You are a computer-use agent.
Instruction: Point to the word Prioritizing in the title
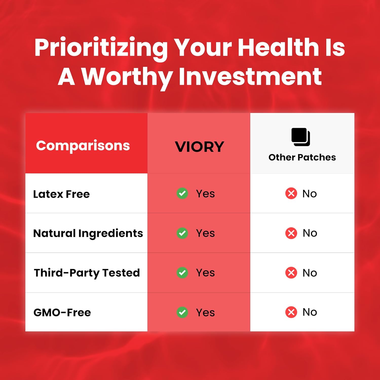pyautogui.click(x=101, y=49)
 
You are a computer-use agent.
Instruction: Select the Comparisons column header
pyautogui.click(x=83, y=146)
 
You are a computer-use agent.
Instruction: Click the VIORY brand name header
pyautogui.click(x=200, y=147)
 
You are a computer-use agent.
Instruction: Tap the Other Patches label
pyautogui.click(x=302, y=157)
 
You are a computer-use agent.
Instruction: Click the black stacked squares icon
pyautogui.click(x=301, y=137)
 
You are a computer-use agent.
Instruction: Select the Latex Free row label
pyautogui.click(x=62, y=194)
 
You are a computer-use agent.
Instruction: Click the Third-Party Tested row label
pyautogui.click(x=87, y=273)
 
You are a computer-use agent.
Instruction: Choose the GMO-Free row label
pyautogui.click(x=62, y=312)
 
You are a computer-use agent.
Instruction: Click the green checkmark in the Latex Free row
pyautogui.click(x=182, y=194)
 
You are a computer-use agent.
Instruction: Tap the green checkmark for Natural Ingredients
pyautogui.click(x=182, y=233)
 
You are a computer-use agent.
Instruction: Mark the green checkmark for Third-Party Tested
pyautogui.click(x=182, y=273)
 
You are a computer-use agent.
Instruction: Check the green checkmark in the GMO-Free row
pyautogui.click(x=182, y=312)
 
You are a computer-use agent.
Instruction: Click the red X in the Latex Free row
pyautogui.click(x=291, y=194)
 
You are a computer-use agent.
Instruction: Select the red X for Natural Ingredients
pyautogui.click(x=291, y=233)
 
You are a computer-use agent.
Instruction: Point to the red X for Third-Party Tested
pyautogui.click(x=291, y=273)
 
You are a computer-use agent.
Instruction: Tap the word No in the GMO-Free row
pyautogui.click(x=310, y=312)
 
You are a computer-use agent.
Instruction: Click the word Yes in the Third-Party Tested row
pyautogui.click(x=205, y=273)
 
